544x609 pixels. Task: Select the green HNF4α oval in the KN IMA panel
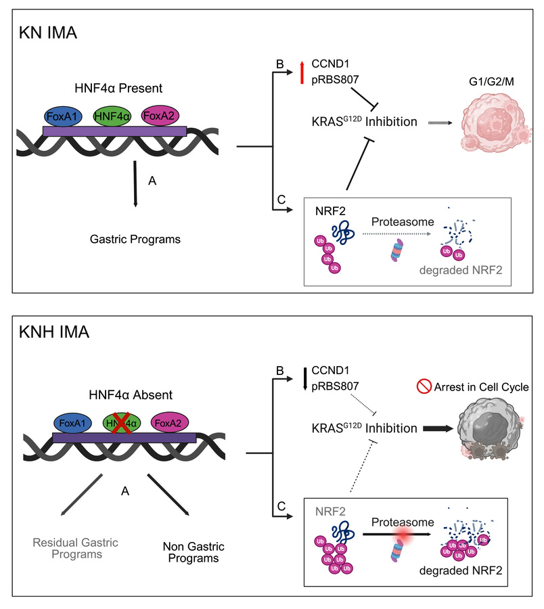point(112,116)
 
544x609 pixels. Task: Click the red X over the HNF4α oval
point(121,424)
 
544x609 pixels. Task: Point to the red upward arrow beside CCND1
point(302,72)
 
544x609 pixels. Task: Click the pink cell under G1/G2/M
point(496,122)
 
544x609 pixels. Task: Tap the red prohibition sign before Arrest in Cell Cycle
point(424,386)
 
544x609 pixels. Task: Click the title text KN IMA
point(48,32)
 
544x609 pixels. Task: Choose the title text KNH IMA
point(54,332)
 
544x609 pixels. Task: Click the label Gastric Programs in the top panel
point(135,239)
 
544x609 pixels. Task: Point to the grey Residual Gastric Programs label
point(75,548)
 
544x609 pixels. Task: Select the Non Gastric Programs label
point(194,552)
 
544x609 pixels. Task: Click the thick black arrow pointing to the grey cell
point(438,429)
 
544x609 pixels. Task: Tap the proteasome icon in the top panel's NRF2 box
point(397,250)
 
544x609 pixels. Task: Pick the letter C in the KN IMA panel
point(281,200)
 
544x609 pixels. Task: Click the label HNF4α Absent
point(131,395)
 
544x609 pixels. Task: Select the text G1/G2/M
point(491,82)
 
